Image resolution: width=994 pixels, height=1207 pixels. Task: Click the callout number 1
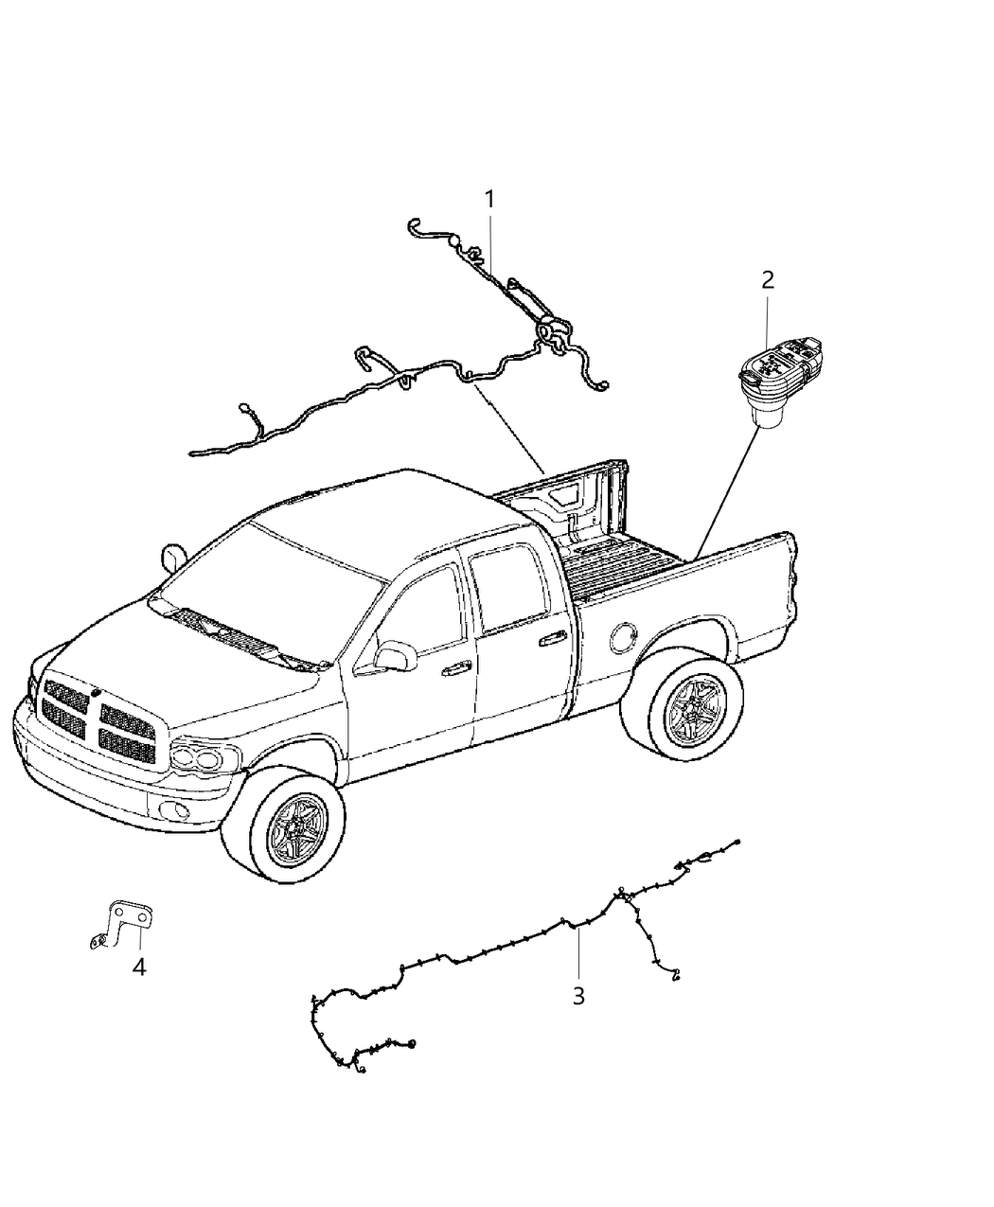[x=489, y=200]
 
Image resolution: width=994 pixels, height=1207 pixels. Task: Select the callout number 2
[x=767, y=279]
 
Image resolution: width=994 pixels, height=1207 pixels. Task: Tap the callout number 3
[x=578, y=996]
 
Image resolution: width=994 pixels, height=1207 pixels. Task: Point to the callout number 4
[x=139, y=967]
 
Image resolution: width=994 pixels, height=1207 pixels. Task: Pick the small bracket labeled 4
[x=125, y=923]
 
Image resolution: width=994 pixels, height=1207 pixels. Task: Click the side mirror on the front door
[x=392, y=654]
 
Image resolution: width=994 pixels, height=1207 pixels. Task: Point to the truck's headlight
[x=199, y=757]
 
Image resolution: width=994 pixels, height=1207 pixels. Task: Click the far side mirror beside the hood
[x=172, y=556]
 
